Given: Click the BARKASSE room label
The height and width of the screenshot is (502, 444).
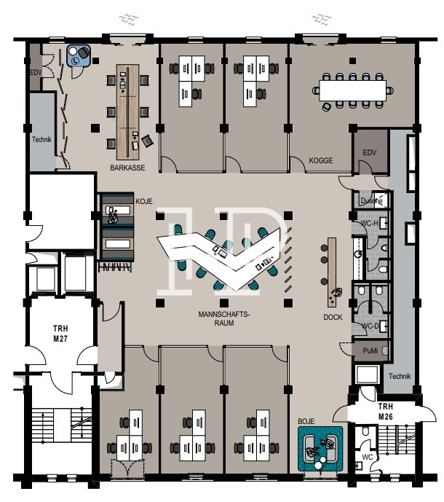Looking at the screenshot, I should pyautogui.click(x=127, y=168).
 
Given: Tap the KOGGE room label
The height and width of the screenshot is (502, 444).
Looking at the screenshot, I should pyautogui.click(x=321, y=160).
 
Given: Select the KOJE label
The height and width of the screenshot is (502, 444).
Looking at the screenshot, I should pyautogui.click(x=143, y=200).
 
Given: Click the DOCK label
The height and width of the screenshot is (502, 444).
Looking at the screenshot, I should pyautogui.click(x=333, y=318).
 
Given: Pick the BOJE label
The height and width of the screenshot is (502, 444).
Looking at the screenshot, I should pyautogui.click(x=306, y=421).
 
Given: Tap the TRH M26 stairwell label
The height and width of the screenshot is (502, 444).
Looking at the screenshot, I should pyautogui.click(x=386, y=411).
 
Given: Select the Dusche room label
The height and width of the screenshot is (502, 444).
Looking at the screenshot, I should pyautogui.click(x=371, y=200).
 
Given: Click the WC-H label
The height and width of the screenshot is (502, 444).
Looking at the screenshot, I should pyautogui.click(x=370, y=223).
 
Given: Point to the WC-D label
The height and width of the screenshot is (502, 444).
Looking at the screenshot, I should pyautogui.click(x=370, y=326).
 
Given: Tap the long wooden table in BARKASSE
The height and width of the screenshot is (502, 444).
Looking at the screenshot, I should pyautogui.click(x=128, y=109).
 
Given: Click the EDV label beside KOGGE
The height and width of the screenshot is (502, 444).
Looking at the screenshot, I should pyautogui.click(x=370, y=152).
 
